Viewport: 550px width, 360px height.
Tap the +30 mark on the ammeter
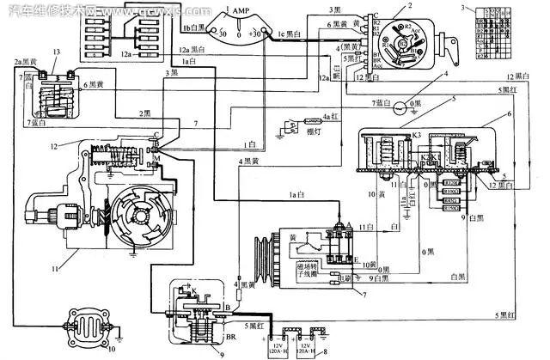(x=256, y=33)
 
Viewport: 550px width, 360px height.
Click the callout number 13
(x=56, y=53)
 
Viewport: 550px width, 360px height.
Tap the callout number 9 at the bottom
(x=223, y=353)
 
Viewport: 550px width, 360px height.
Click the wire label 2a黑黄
(x=24, y=64)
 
